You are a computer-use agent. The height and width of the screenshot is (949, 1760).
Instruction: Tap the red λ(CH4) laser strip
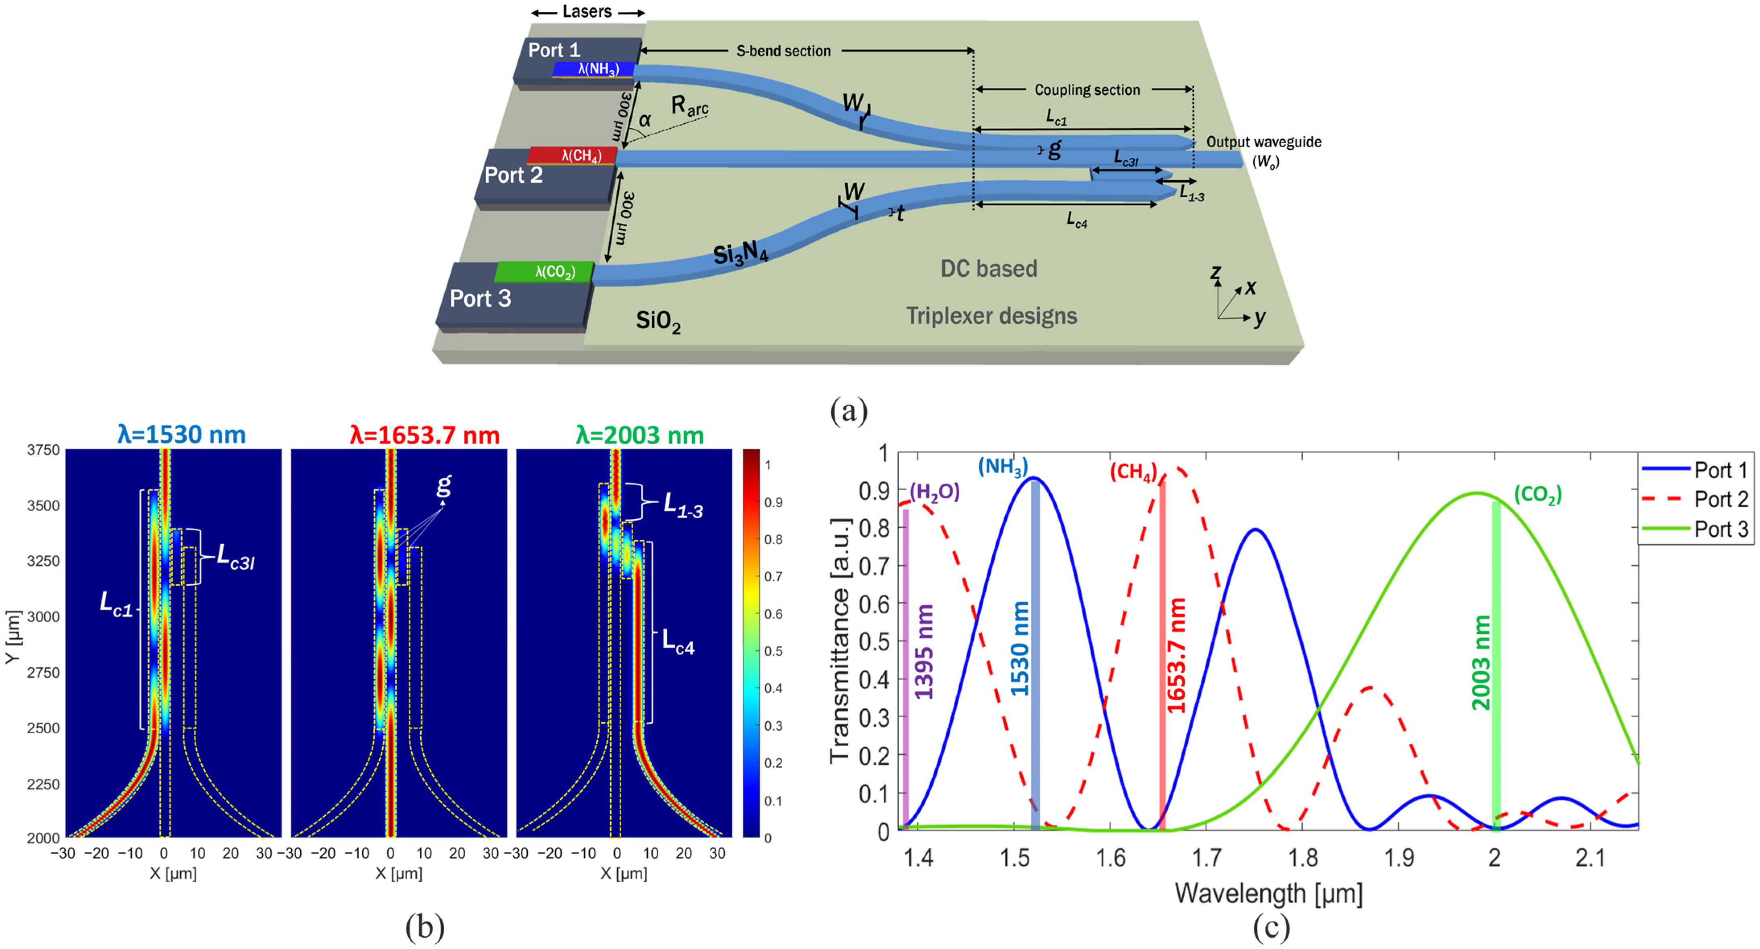click(x=573, y=156)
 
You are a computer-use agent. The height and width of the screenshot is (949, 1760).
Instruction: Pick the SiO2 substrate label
click(x=658, y=321)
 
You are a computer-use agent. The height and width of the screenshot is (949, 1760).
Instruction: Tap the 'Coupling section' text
click(x=1086, y=90)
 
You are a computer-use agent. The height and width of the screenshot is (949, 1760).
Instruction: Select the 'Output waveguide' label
click(x=1263, y=142)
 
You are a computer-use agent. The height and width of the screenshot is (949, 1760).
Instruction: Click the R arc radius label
click(x=689, y=106)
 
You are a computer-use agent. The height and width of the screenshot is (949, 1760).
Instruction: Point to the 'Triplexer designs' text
click(x=991, y=316)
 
